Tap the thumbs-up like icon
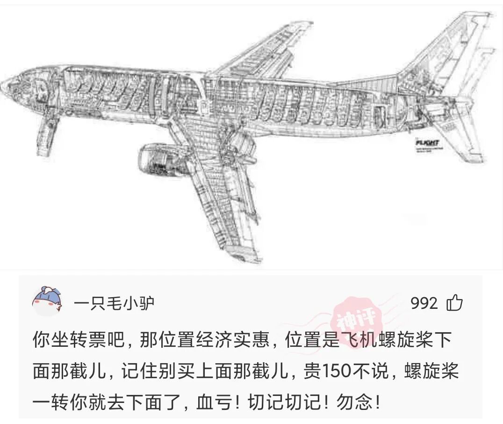click(454, 303)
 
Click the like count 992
click(424, 303)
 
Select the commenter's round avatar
click(47, 302)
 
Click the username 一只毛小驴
click(114, 304)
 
